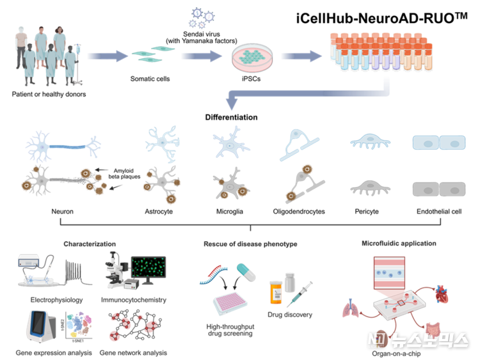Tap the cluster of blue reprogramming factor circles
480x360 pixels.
(x=201, y=18)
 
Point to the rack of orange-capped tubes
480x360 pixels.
(x=380, y=51)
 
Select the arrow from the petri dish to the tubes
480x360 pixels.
(x=301, y=56)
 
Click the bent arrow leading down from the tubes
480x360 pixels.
(x=307, y=96)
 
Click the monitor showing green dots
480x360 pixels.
(x=148, y=269)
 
